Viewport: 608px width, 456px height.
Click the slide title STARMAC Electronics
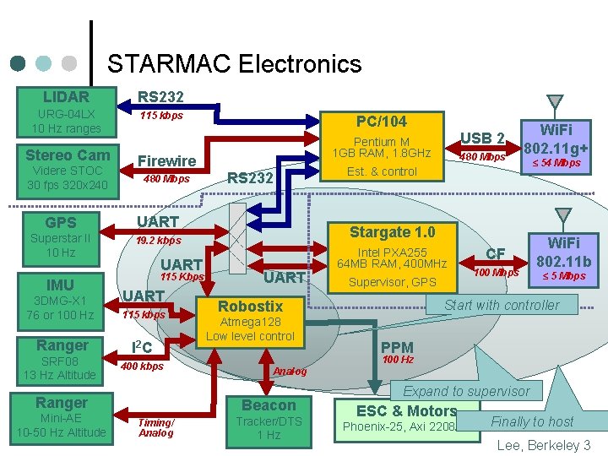click(x=234, y=64)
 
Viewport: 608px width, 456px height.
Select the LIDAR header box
click(x=67, y=97)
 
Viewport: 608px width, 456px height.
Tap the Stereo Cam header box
click(x=67, y=155)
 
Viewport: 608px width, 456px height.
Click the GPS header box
click(x=61, y=222)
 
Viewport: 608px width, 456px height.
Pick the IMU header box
click(x=61, y=285)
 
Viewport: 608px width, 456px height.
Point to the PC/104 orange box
click(x=381, y=121)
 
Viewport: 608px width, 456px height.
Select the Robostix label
click(x=250, y=306)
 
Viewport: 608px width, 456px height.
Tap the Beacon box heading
click(x=269, y=404)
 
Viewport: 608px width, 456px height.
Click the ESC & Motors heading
click(x=406, y=411)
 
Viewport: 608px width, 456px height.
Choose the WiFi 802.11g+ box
click(x=556, y=138)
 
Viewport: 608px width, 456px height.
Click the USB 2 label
click(x=482, y=138)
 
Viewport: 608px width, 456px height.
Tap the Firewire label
click(x=166, y=160)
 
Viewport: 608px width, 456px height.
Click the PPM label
click(x=397, y=346)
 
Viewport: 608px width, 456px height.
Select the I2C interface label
click(x=143, y=346)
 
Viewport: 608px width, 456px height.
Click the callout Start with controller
click(x=502, y=305)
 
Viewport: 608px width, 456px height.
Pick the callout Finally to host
click(x=532, y=421)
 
